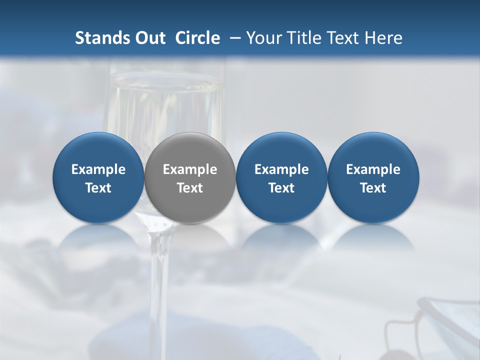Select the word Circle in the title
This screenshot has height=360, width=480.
[x=197, y=38]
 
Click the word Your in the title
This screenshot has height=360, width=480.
[x=262, y=38]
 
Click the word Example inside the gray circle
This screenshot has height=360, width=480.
[x=190, y=169]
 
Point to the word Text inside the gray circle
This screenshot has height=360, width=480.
[x=190, y=188]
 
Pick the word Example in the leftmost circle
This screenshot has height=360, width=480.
[x=98, y=169]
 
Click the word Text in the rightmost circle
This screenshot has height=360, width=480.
[x=373, y=188]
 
